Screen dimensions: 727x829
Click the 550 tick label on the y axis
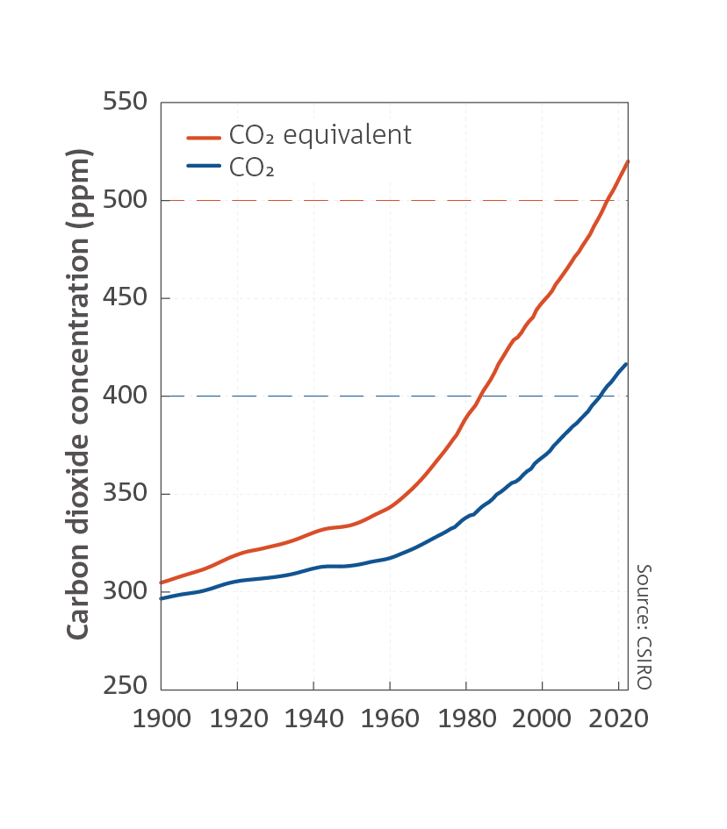(125, 101)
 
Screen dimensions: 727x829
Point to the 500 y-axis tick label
(125, 199)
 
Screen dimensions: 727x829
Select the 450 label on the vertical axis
(125, 297)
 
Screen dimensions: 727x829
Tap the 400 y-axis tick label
(125, 395)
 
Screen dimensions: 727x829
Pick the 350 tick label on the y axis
(125, 493)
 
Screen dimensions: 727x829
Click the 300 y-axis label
(125, 590)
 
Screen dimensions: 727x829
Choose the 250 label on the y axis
(125, 685)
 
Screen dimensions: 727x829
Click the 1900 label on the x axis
(162, 719)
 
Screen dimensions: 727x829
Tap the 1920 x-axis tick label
(239, 719)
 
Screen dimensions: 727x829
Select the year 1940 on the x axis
(314, 719)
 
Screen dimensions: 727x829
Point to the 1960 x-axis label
(390, 719)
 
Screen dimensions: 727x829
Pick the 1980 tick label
(467, 719)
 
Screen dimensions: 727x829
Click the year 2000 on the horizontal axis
(542, 719)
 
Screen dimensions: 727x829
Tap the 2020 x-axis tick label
(618, 719)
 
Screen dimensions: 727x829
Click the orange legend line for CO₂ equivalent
(204, 138)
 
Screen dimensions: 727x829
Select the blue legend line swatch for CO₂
(204, 166)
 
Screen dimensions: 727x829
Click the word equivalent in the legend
(347, 135)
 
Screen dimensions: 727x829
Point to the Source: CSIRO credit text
(644, 626)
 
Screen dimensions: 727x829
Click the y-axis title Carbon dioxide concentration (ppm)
(78, 394)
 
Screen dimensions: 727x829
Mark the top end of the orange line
(628, 161)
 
